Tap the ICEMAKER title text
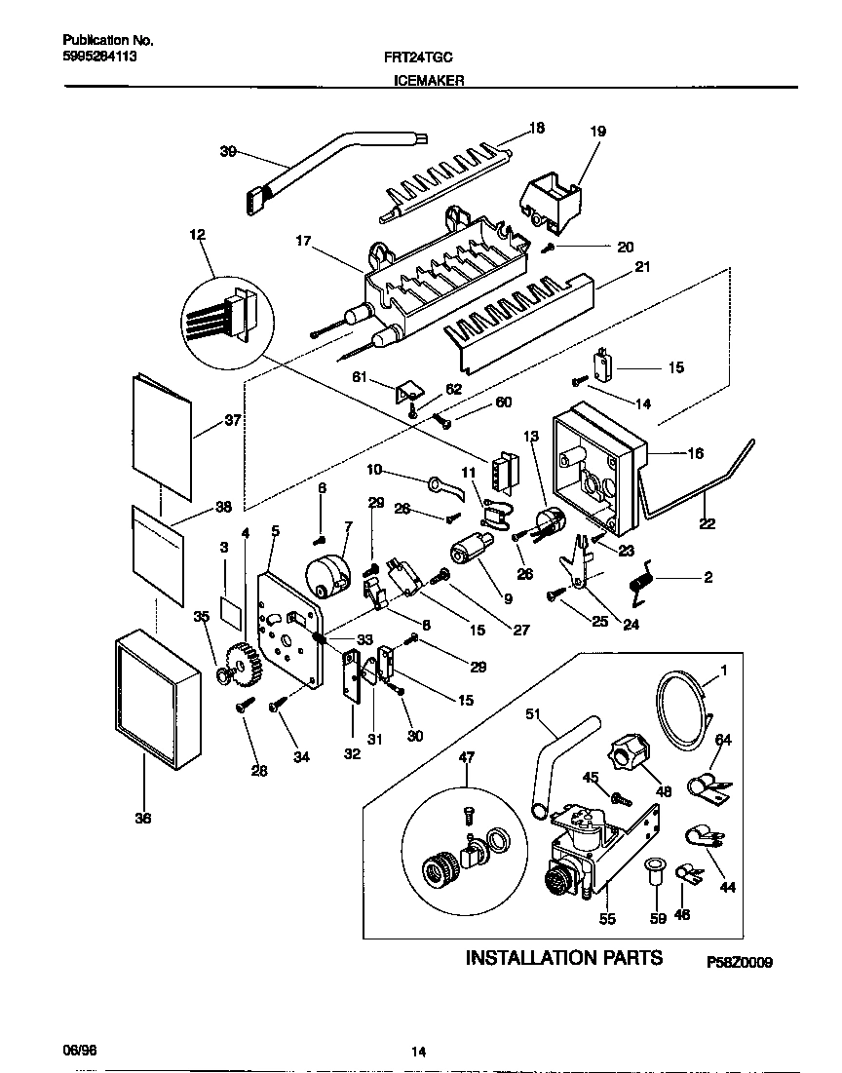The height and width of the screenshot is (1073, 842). pos(428,83)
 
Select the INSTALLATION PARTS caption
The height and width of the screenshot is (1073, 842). pos(564,957)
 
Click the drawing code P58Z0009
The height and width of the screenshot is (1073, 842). pos(740,963)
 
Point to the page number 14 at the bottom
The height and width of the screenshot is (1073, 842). pos(418,1051)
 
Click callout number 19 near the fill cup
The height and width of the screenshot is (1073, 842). pos(597,130)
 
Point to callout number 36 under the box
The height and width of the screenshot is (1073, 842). pos(142,819)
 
